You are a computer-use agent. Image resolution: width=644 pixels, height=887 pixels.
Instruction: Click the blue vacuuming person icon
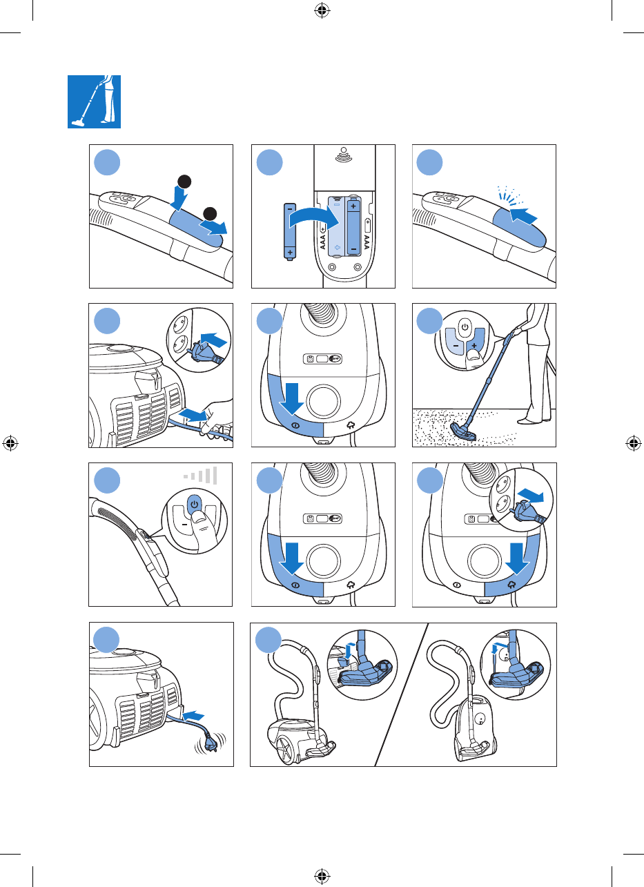[x=94, y=101]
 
